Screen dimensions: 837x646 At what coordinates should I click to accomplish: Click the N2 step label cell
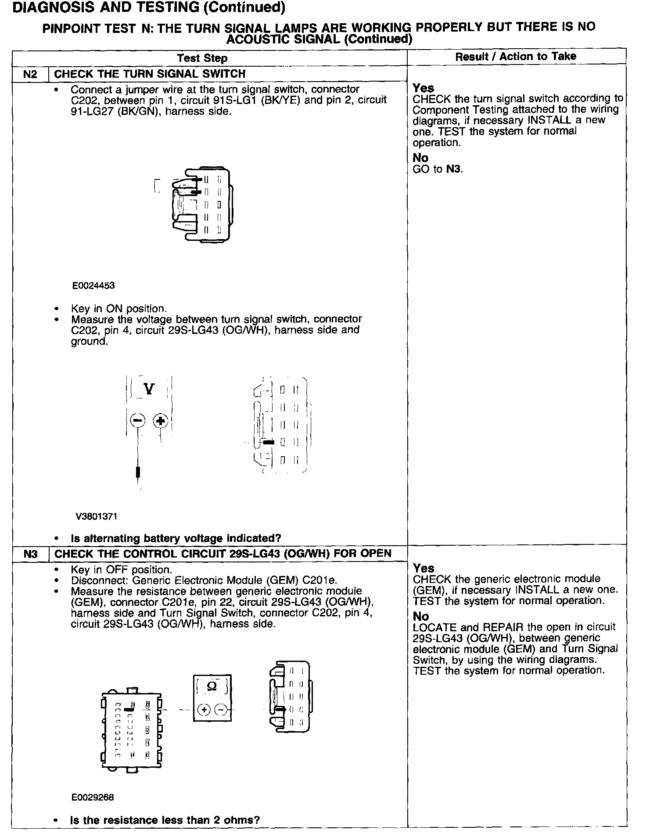tap(30, 74)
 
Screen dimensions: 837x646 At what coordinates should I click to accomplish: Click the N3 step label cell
tap(30, 554)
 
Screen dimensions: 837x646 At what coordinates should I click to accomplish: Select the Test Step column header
tap(202, 58)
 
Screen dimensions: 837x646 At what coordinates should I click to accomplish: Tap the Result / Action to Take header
tap(516, 56)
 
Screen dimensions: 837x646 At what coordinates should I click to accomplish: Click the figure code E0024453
tap(94, 286)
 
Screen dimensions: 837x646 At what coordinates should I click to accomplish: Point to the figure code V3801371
tap(97, 516)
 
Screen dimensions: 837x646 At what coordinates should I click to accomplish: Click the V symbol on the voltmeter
tap(149, 389)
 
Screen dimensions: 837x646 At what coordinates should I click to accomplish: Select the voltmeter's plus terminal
tap(161, 421)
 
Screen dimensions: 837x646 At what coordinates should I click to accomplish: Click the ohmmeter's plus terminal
tap(204, 709)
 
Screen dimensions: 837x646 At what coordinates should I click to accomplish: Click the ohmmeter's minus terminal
tap(222, 709)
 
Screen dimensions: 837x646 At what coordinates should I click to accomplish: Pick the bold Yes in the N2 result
tap(423, 88)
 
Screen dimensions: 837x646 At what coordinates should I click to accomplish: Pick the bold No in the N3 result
tap(421, 616)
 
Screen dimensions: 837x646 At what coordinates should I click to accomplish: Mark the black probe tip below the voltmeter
tap(138, 472)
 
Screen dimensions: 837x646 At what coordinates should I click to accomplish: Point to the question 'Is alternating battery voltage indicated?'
tap(176, 538)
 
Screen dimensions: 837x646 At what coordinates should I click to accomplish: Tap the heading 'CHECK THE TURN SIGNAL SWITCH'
tap(150, 74)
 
